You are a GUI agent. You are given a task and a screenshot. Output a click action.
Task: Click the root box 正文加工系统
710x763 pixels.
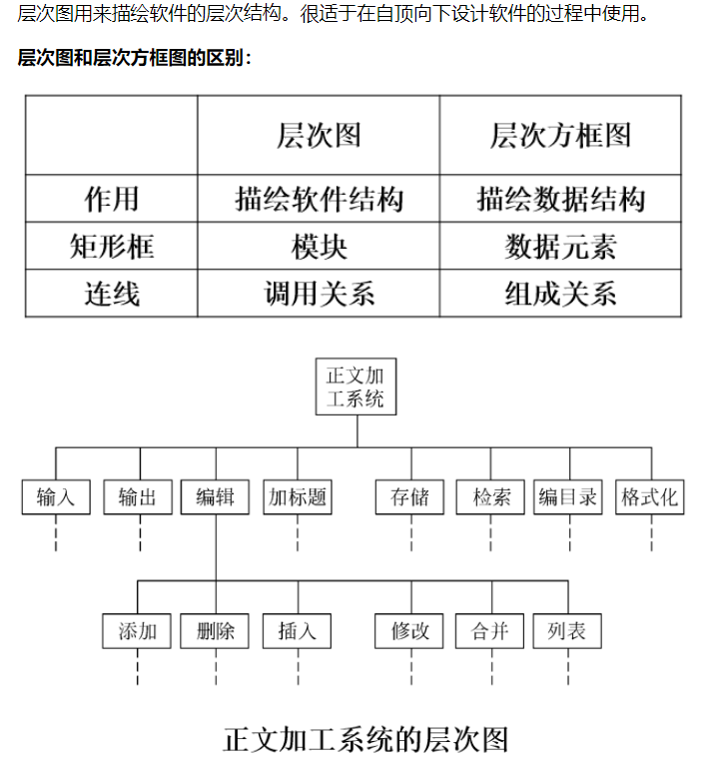(x=355, y=387)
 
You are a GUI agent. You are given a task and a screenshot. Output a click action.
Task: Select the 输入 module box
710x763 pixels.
(x=56, y=497)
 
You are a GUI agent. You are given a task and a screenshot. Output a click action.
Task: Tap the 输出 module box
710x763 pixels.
(x=138, y=497)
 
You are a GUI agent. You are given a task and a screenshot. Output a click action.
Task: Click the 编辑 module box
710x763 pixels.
(x=216, y=497)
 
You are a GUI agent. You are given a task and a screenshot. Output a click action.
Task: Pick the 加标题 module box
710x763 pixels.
(x=298, y=497)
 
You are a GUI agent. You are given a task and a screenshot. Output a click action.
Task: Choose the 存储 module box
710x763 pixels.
(x=410, y=497)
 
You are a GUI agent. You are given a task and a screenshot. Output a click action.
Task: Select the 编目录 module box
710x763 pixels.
(x=568, y=497)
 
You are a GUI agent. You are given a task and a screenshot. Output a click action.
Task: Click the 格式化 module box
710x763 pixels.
(x=650, y=497)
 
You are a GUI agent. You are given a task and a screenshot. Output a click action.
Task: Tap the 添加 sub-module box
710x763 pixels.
(x=138, y=631)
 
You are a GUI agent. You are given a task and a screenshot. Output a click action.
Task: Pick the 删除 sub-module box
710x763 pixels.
(x=216, y=631)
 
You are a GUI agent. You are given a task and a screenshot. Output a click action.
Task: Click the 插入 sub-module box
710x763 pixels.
(x=298, y=631)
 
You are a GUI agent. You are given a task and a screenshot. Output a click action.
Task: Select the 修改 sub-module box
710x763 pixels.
(x=410, y=631)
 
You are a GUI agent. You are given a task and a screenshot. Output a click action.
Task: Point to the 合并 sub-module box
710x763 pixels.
(x=489, y=631)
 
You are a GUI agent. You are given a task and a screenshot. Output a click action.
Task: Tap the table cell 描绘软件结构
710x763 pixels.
(x=319, y=199)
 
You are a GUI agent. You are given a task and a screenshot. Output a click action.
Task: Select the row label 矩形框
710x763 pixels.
(x=112, y=247)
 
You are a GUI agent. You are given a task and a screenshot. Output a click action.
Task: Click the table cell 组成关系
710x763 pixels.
(x=560, y=294)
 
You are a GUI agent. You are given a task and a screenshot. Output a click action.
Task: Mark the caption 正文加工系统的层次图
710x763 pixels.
(x=365, y=739)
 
